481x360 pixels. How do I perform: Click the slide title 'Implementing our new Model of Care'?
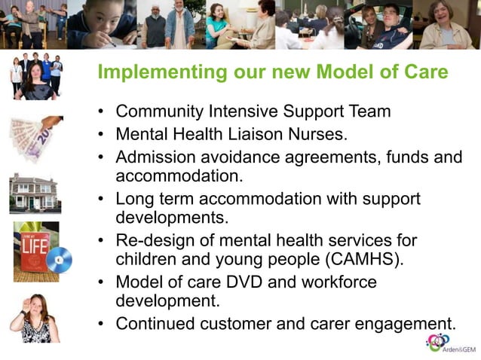pyautogui.click(x=273, y=73)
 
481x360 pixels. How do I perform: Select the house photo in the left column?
pyautogui.click(x=34, y=193)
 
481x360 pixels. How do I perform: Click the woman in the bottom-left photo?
pyautogui.click(x=33, y=317)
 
